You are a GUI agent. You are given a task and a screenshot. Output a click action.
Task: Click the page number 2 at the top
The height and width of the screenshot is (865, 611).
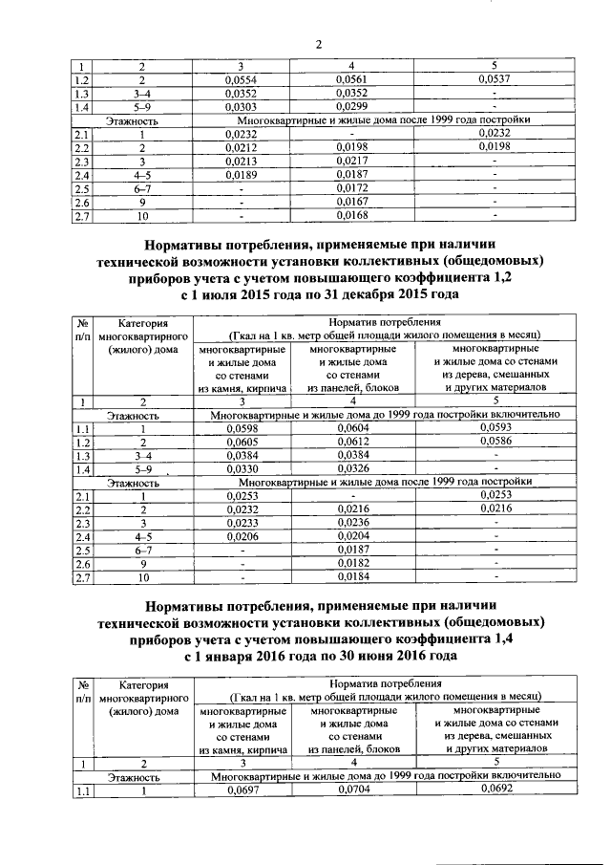tap(319, 45)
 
